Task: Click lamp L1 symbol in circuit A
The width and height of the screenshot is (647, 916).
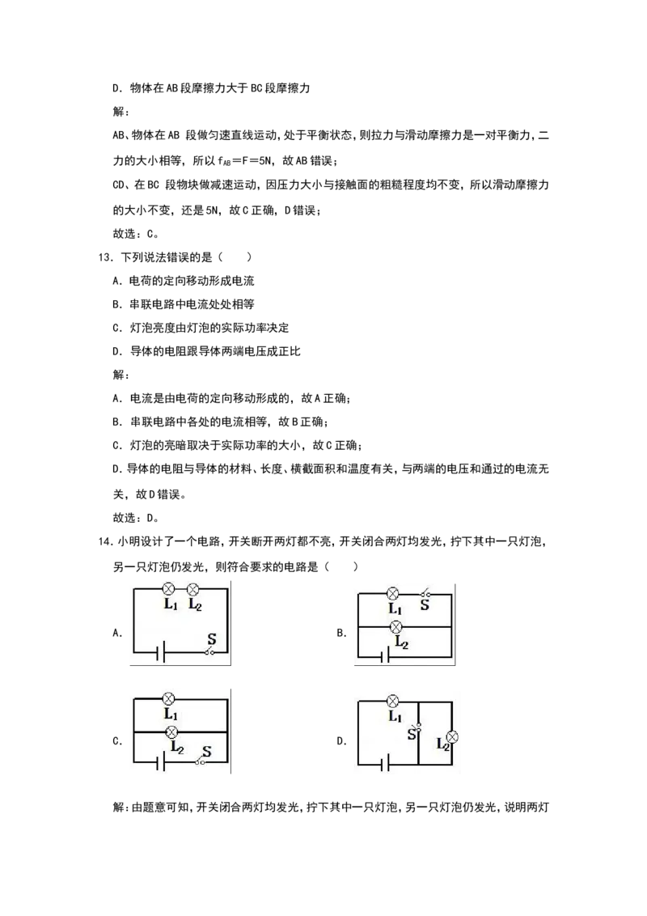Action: pos(169,589)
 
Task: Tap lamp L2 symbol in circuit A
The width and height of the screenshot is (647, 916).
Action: pos(192,589)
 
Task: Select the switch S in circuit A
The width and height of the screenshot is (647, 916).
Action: pos(211,651)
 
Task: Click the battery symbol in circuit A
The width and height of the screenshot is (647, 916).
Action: pos(161,652)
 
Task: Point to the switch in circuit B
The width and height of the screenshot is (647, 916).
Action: pos(427,594)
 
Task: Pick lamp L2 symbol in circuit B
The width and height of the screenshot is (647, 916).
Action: pos(396,627)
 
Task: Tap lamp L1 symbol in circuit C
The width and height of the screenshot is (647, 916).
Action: pos(169,698)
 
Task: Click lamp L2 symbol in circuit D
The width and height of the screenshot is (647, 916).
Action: pos(452,737)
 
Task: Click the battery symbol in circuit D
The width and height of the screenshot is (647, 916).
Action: pos(384,763)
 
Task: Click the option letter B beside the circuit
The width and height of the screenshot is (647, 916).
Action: pos(341,633)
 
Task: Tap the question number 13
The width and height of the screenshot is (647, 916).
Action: pos(105,257)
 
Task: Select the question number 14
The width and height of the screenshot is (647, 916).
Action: pos(105,541)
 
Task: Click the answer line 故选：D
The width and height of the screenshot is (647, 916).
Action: pos(136,518)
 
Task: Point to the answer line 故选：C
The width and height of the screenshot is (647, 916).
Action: pos(136,234)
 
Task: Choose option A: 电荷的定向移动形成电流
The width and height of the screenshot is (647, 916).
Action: pos(184,281)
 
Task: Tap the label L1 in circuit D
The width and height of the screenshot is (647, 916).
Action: pos(395,716)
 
